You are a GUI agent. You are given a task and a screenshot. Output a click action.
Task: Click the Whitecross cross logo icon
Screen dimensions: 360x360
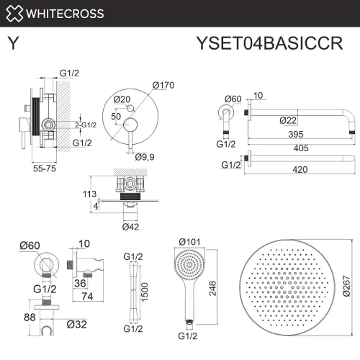pos(14,14)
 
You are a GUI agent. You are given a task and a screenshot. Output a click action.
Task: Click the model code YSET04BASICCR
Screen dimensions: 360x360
pos(270,43)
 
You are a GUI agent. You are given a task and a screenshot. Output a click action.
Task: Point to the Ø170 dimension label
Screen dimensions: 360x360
pos(163,85)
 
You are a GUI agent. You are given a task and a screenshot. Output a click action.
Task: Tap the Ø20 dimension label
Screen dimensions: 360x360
pos(122,99)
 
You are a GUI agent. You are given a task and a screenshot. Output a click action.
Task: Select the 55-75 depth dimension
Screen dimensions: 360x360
pos(45,168)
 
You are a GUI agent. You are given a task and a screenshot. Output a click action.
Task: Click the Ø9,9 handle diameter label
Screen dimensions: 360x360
pos(145,157)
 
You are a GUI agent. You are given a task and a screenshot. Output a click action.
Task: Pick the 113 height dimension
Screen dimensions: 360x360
pos(89,194)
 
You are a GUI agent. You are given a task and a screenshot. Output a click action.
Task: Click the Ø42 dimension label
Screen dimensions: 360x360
pos(130,227)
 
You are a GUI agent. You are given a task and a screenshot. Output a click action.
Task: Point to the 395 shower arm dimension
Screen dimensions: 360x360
pos(296,134)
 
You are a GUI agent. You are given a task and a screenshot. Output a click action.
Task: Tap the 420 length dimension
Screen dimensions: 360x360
pos(300,170)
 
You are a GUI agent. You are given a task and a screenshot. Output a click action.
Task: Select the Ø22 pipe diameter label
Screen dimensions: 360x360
pos(288,120)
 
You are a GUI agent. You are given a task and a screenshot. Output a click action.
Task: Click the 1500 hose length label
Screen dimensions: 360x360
pos(145,292)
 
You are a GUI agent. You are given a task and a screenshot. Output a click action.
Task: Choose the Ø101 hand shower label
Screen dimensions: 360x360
pos(189,242)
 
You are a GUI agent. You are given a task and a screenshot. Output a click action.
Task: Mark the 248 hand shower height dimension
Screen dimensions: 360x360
pos(212,288)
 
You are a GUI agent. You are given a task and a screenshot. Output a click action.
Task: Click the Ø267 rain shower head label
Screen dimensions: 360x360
pos(346,286)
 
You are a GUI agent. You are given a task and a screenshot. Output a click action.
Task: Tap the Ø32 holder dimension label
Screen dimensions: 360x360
pos(77,325)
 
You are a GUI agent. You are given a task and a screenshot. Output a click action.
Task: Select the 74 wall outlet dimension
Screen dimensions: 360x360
pos(87,297)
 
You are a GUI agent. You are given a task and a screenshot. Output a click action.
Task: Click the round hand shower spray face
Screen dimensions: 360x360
pos(189,265)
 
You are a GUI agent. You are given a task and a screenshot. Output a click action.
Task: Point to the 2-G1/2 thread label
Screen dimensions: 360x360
pos(86,125)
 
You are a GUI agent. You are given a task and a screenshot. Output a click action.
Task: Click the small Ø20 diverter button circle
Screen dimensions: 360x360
pos(130,108)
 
